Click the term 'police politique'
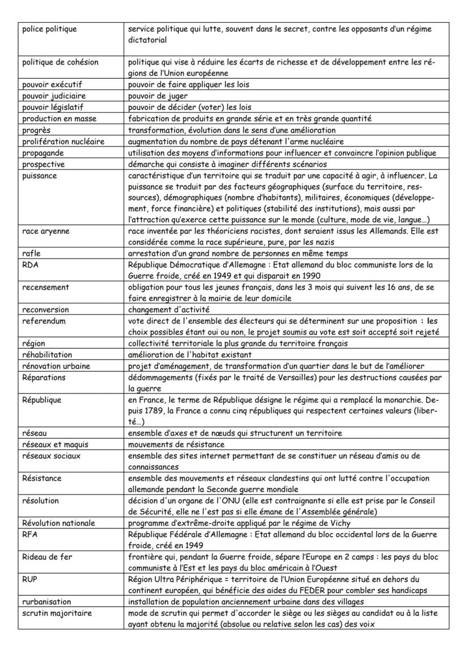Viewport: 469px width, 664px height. click(49, 29)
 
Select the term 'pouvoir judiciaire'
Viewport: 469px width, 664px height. click(54, 96)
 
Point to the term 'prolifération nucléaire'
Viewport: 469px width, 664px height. click(63, 141)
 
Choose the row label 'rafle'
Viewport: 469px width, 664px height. click(31, 253)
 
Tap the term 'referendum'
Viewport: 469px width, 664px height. click(44, 321)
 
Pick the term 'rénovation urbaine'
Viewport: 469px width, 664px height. click(56, 366)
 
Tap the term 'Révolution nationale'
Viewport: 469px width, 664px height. click(58, 523)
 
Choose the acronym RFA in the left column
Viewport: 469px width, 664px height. click(30, 534)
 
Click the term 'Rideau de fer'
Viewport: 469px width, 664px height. click(47, 557)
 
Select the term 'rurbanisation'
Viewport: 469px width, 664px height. click(46, 602)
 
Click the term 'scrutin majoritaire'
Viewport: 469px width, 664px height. click(57, 613)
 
